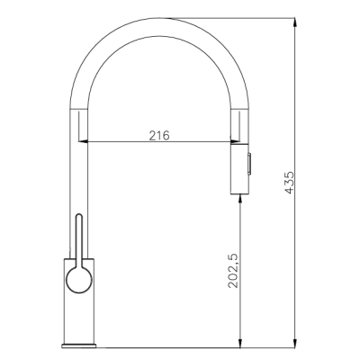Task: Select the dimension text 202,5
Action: click(x=233, y=271)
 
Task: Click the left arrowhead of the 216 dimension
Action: click(x=89, y=141)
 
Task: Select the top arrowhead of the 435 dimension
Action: click(x=295, y=20)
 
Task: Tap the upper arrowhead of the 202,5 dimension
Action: click(x=240, y=201)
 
